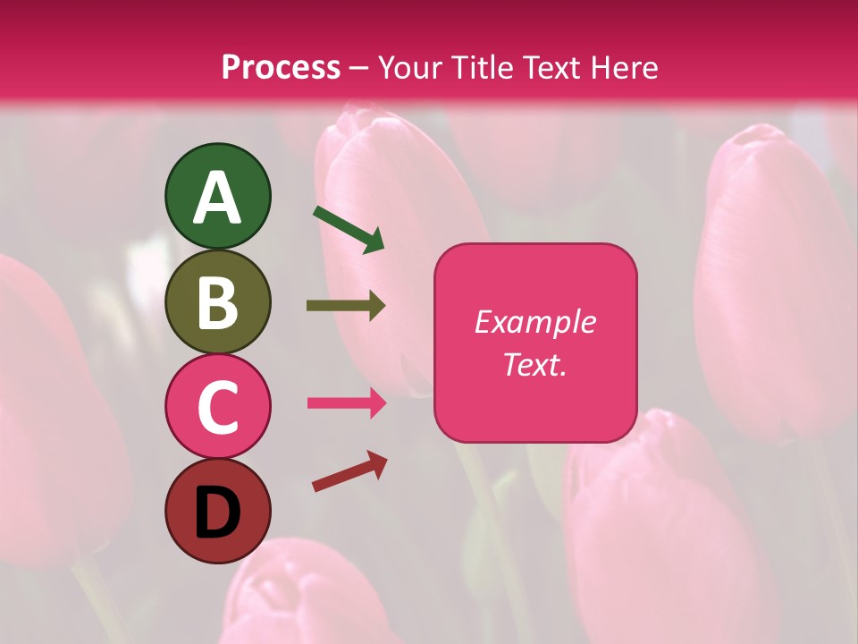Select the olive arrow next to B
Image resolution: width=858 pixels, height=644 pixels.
pos(346,306)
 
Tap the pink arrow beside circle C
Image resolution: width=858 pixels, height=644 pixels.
pos(347,402)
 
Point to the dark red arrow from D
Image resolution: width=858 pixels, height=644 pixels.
pos(349,471)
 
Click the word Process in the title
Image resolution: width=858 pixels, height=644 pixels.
pos(281,68)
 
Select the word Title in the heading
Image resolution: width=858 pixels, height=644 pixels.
pos(480,68)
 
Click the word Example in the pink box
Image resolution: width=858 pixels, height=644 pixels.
pos(534,322)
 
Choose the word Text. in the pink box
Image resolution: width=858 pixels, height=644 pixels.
pos(534,364)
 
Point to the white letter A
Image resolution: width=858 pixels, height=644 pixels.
pos(218,198)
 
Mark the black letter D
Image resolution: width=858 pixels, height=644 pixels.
pos(218,513)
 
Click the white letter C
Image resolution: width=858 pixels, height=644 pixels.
pos(218,408)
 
